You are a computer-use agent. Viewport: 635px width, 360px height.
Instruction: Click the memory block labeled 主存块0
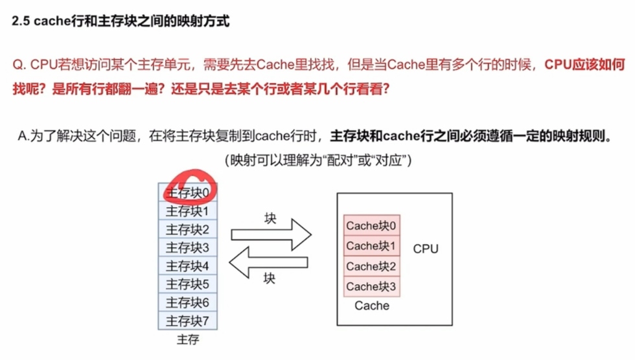click(188, 192)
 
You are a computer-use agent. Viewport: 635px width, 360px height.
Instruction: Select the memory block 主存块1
click(188, 211)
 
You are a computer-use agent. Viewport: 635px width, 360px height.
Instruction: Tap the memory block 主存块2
click(188, 229)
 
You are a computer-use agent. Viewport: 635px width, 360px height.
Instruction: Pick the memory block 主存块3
click(188, 247)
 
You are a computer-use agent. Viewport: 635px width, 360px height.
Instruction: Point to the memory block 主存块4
click(188, 265)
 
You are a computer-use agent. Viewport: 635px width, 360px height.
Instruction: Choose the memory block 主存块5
click(188, 284)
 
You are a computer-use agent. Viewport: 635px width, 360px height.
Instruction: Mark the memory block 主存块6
click(188, 302)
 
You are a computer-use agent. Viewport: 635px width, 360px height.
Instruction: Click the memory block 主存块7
click(188, 321)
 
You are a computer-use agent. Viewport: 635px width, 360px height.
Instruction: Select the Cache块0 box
click(372, 225)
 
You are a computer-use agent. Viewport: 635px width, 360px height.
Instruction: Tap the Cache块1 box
click(372, 245)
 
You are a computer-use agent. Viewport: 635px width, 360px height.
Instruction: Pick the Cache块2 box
click(372, 266)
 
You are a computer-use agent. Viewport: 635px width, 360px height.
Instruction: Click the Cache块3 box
click(372, 286)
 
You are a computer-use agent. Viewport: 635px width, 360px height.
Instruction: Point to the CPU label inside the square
click(426, 249)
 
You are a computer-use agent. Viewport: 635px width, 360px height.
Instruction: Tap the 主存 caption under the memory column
click(187, 339)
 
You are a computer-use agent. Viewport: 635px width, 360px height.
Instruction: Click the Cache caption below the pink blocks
click(372, 306)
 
